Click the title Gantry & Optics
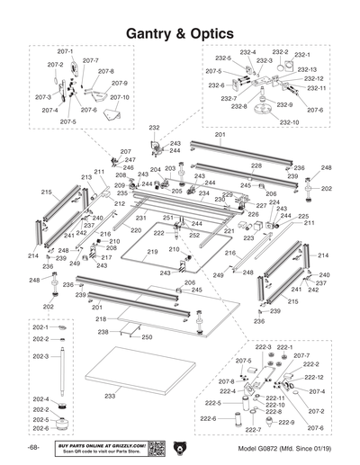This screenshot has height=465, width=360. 180,32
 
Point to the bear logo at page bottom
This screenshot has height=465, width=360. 181,447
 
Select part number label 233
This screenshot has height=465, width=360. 110,395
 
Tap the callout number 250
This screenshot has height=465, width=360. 146,336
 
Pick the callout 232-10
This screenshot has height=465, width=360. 289,121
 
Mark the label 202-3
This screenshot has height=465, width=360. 40,356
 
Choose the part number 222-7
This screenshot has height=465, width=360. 255,430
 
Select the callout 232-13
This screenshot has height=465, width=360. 307,69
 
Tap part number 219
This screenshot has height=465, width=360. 152,252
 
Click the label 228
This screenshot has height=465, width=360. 256,165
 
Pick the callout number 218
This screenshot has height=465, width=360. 101,318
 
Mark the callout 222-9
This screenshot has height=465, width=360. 287,422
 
